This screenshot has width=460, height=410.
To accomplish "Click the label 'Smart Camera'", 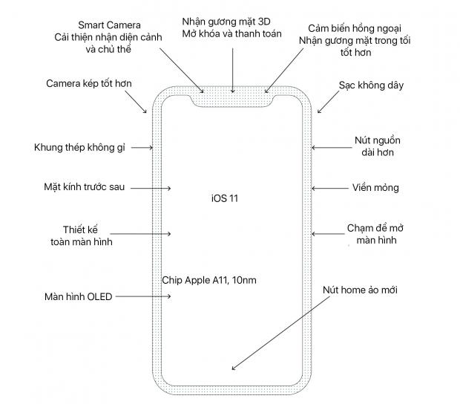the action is tap(109, 25).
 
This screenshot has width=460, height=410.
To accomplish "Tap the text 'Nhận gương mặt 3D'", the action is tap(226, 22).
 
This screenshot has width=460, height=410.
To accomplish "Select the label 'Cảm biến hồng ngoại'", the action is tap(355, 29).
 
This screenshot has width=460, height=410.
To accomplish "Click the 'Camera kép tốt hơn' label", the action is tap(89, 84).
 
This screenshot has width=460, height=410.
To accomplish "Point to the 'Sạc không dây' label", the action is tap(371, 85).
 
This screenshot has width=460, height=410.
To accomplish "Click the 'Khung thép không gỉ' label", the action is tap(79, 147).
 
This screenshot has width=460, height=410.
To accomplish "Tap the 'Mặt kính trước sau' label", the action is tap(84, 187).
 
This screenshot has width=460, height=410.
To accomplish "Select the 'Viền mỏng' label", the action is tap(375, 188).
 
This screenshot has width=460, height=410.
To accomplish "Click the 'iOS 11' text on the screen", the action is tap(225, 198).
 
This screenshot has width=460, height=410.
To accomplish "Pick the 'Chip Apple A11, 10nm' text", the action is tap(209, 280).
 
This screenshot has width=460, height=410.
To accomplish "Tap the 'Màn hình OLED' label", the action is tap(79, 296).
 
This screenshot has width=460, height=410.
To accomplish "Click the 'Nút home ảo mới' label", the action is tap(360, 290).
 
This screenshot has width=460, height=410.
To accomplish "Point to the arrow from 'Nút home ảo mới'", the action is tap(280, 333).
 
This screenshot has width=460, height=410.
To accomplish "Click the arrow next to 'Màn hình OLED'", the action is tap(143, 296).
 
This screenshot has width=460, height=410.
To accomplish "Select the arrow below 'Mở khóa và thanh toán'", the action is tap(233, 71).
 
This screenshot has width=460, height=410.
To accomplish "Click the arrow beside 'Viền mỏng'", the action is tap(329, 188).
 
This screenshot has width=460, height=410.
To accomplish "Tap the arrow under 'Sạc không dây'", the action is tap(328, 102).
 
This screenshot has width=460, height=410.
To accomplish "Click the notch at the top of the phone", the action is tap(233, 100).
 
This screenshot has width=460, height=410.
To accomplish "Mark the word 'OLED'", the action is tap(99, 296).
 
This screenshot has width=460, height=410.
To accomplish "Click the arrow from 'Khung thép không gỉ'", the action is tap(142, 147).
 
